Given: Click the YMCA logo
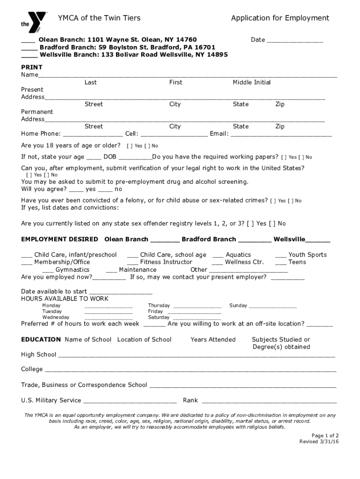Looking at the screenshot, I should tap(34, 20).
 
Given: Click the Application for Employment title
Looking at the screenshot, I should tap(280, 18).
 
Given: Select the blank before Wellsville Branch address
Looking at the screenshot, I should tap(29, 56).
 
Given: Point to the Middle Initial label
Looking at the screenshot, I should tap(252, 82).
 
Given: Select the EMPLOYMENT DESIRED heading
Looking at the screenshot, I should tap(60, 239).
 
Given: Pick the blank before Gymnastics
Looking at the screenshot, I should tap(48, 271).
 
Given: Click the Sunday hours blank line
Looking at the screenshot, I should tap(273, 307).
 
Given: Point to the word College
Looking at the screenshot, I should tap(32, 369).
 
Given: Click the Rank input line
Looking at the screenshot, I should tap(269, 401).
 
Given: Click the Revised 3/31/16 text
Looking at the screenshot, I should tap(319, 442).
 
